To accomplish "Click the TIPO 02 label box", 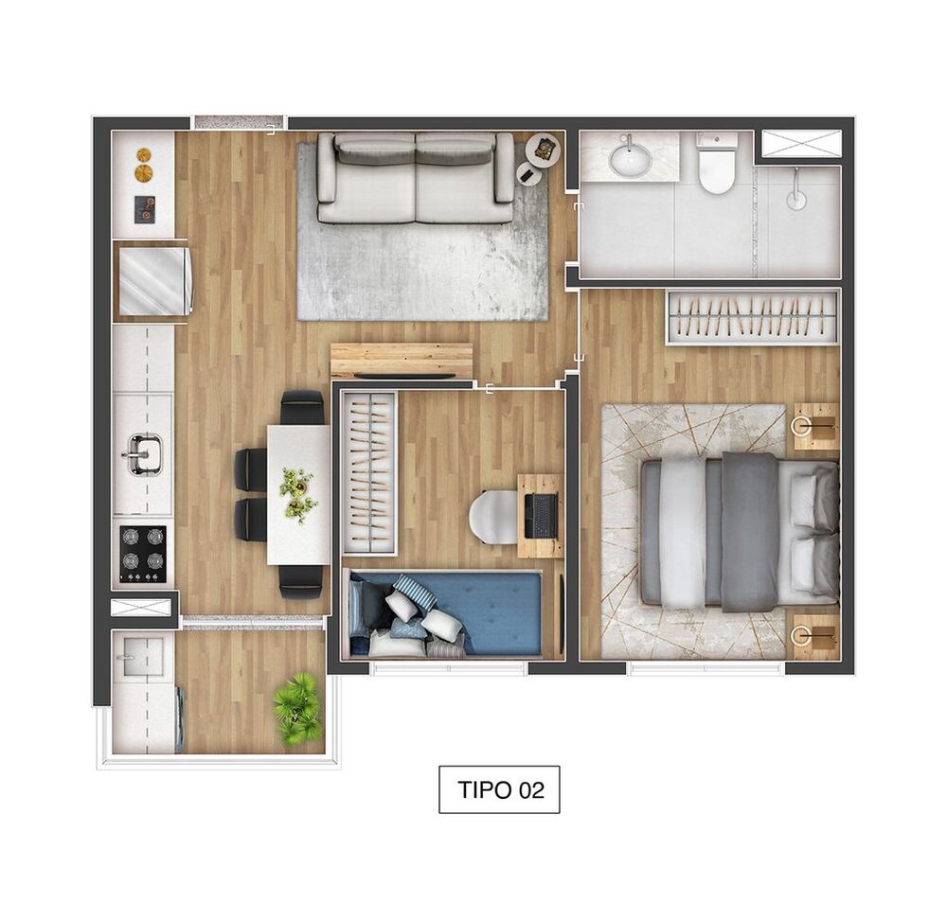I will point(499,789).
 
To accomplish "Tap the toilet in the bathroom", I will point(717,163).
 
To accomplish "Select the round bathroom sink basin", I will point(630,159).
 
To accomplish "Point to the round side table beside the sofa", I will point(530,173).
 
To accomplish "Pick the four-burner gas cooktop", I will point(143,554).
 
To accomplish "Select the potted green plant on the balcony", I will point(298,708).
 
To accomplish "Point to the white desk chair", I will point(492,517).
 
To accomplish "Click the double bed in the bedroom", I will point(739,530).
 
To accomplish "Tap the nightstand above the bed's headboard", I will point(815,427).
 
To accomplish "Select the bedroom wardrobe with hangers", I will point(753,316).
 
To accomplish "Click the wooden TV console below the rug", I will point(402,361).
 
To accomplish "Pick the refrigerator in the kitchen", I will point(152,280).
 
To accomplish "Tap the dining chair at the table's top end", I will point(302,408).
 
